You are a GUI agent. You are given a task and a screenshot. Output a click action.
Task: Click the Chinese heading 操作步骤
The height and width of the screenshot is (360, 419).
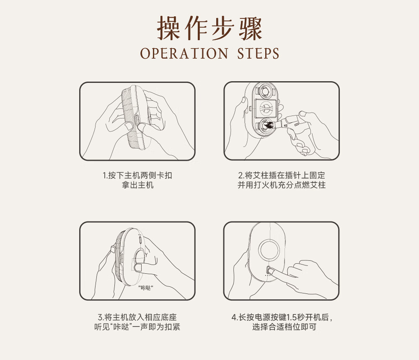click(x=209, y=28)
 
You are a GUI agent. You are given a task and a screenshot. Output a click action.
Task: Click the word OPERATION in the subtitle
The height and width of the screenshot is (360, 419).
click(x=184, y=54)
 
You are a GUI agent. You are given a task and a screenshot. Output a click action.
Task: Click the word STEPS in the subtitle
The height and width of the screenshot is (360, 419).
click(x=258, y=54)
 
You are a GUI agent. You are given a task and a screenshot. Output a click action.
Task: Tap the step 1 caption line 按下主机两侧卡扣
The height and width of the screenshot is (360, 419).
click(x=140, y=175)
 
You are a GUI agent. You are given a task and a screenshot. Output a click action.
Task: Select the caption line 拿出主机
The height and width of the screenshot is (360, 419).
click(x=137, y=185)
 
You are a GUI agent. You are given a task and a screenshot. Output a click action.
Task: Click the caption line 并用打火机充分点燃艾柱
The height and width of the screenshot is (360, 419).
click(x=282, y=185)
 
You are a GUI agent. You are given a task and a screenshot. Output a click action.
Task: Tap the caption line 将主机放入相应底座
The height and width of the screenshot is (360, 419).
click(x=141, y=317)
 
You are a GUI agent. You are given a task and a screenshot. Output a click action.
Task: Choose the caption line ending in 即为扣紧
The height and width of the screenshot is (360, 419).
click(x=137, y=327)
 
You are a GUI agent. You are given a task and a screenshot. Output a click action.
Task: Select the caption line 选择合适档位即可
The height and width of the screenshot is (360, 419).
click(x=285, y=327)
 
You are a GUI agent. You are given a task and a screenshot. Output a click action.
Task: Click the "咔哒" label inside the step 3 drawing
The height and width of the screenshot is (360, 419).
click(x=146, y=288)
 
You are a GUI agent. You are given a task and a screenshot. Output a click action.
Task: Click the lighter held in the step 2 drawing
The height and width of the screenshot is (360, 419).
click(x=290, y=121)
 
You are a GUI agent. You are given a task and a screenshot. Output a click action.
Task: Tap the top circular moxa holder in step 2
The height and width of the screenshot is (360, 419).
click(x=265, y=91)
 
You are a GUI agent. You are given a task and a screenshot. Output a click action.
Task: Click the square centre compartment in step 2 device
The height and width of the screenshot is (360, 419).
click(x=265, y=108)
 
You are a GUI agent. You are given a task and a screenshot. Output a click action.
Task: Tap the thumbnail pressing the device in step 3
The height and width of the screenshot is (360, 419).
click(x=138, y=267)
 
